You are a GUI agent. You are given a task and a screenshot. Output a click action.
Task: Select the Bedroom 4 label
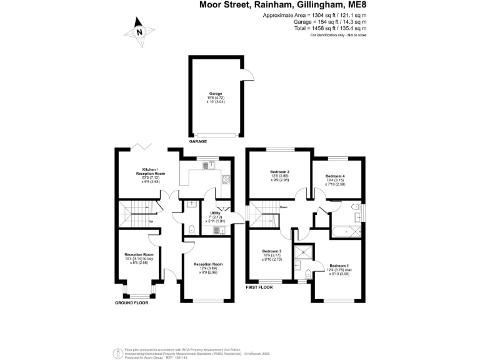[x=335, y=177]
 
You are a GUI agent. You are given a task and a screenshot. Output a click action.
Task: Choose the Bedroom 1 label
[x=339, y=266]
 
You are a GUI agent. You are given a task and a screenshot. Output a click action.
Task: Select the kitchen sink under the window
[x=212, y=164]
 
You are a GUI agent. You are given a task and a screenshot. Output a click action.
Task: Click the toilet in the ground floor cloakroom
[x=191, y=229]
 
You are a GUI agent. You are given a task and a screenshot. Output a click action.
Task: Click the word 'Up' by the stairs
[x=151, y=221]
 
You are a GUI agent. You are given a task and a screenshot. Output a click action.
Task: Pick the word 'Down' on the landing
[x=283, y=207]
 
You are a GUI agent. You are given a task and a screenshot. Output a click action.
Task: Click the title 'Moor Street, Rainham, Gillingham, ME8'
[x=282, y=6]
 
